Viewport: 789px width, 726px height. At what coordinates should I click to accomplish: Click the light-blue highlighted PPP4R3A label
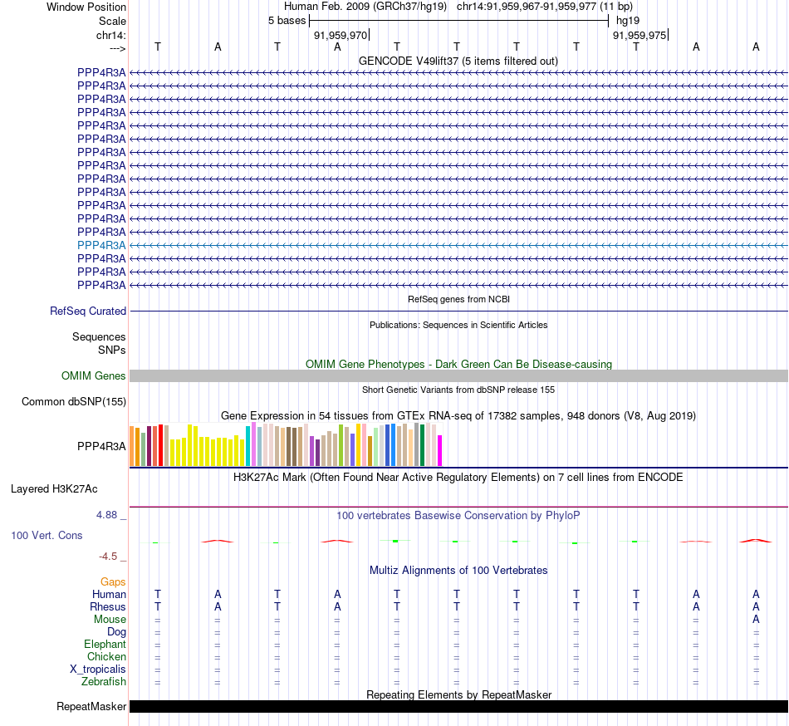[101, 245]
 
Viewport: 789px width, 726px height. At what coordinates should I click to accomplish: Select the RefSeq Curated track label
[88, 311]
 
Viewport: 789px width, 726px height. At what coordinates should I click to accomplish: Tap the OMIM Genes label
[94, 375]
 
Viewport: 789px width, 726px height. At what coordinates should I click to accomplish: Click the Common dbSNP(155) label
[73, 402]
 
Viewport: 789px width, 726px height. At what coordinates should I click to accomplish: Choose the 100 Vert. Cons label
[47, 535]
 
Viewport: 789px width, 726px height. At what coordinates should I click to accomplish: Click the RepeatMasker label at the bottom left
[91, 707]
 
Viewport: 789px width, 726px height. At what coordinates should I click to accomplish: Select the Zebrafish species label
[104, 682]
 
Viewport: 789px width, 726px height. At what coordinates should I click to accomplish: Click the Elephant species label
[105, 644]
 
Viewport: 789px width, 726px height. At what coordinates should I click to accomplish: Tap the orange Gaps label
[113, 581]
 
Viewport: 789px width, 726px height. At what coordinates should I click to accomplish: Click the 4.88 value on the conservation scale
[110, 515]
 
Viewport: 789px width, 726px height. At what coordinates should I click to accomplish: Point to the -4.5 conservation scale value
[112, 557]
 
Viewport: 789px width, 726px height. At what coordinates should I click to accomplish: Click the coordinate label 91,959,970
[340, 35]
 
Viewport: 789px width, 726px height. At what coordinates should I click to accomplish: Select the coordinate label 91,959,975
[639, 35]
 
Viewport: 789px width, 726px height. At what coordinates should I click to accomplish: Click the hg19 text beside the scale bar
[628, 20]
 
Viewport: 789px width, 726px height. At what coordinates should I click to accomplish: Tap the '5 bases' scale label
[287, 20]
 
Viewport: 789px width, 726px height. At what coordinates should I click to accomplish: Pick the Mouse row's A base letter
[756, 619]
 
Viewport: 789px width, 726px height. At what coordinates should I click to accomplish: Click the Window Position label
[86, 7]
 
